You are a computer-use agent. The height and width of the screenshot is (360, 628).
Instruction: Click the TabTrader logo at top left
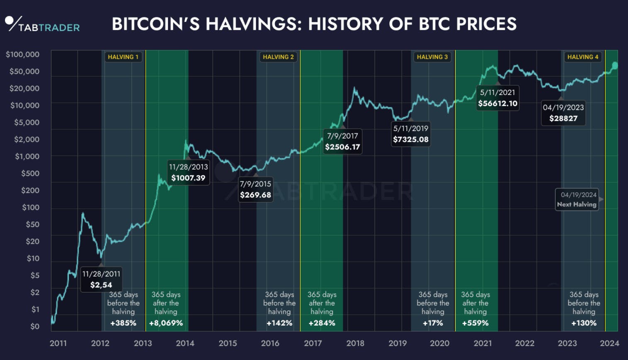[42, 24]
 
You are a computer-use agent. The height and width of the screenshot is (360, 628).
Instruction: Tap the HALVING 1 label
[123, 57]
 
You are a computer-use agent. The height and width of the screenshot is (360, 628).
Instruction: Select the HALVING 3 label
[432, 57]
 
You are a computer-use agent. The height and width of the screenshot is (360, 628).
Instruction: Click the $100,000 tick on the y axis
[23, 54]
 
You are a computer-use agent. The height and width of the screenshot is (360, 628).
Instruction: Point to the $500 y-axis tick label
[30, 173]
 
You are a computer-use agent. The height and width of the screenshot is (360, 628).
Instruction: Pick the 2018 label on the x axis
[355, 343]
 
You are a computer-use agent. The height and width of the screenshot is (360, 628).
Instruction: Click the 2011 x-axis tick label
[58, 343]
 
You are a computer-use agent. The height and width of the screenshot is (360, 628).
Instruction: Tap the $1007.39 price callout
[188, 178]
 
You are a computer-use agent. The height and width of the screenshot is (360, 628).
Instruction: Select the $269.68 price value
[256, 195]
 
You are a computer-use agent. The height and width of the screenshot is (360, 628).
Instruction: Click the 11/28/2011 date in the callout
[101, 274]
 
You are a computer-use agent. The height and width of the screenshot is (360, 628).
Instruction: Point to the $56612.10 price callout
[498, 103]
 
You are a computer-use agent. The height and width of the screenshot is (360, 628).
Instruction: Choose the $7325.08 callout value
[411, 139]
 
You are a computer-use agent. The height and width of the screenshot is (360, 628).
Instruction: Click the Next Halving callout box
[577, 199]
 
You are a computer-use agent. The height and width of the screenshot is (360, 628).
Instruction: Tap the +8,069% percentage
[166, 323]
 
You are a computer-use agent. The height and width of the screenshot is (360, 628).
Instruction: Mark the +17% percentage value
[433, 323]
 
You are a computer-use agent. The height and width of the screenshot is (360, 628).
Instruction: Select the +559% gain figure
[475, 323]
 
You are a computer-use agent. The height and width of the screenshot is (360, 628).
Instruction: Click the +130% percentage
[584, 323]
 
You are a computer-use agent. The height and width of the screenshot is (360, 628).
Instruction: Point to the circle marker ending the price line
[615, 66]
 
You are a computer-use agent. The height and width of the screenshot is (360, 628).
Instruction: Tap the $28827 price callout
[563, 118]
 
